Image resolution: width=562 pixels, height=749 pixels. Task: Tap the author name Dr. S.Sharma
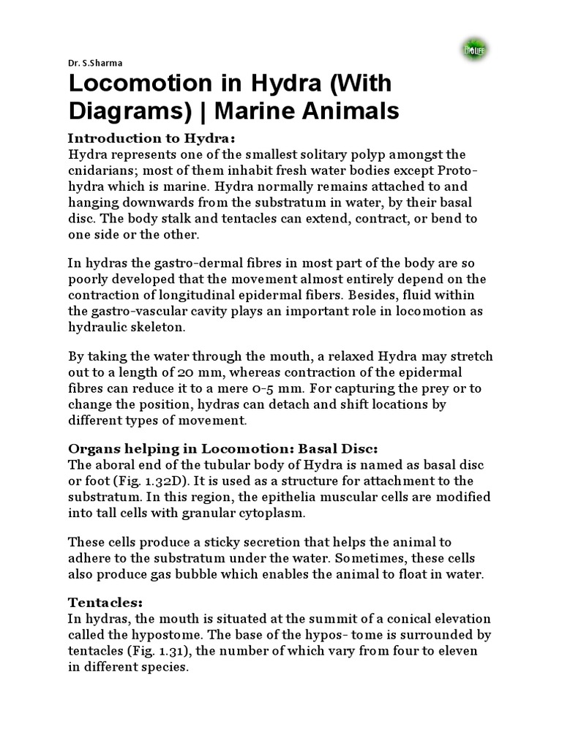(x=91, y=64)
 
